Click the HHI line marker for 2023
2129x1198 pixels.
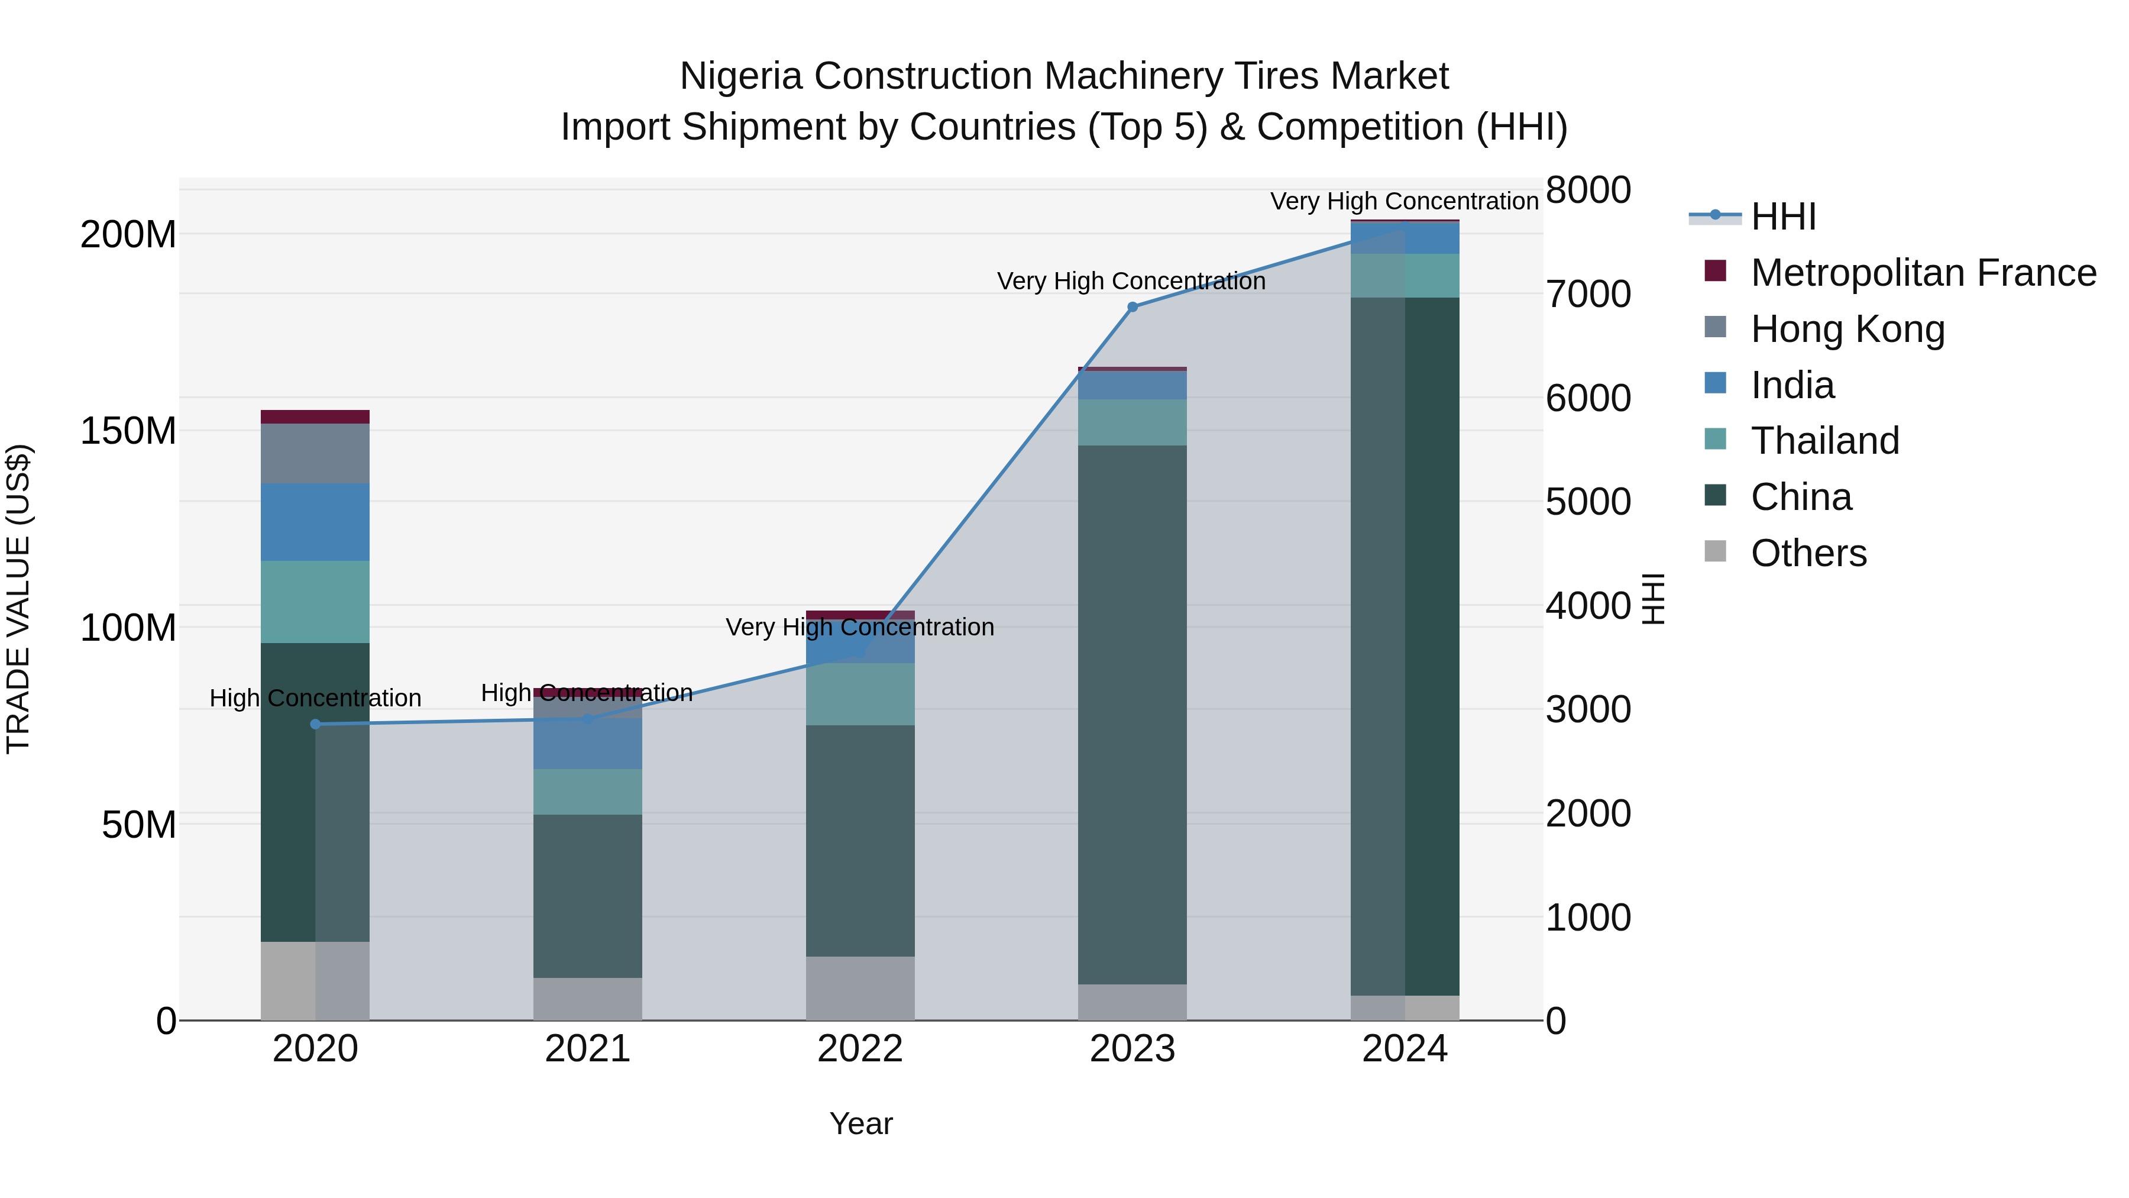[1133, 306]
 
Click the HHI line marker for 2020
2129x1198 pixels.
[315, 724]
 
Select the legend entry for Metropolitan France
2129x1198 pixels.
[1923, 273]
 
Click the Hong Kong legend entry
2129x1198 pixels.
[1847, 329]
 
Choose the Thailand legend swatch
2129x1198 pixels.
[1715, 440]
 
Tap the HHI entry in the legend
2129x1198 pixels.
[1782, 217]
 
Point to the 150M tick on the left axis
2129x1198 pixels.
[128, 431]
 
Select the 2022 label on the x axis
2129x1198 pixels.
[859, 1049]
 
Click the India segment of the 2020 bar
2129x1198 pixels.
[315, 522]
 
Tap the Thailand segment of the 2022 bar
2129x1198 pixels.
[859, 694]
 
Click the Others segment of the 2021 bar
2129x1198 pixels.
[588, 999]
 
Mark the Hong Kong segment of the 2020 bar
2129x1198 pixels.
[315, 453]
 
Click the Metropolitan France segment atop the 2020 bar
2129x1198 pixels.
[315, 416]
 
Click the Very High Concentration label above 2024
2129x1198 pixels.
[1403, 201]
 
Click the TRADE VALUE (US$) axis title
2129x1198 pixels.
[18, 599]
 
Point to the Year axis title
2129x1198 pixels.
[860, 1123]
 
